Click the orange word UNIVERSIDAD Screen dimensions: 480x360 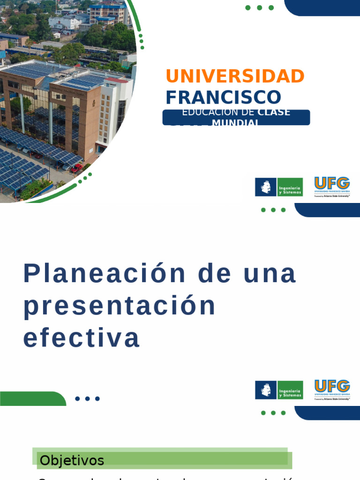coord(235,76)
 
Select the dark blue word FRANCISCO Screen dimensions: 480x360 coord(223,97)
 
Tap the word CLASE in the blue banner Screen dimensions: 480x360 coord(274,112)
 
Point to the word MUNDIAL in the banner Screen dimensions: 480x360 coord(235,123)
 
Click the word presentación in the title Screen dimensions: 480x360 coord(120,306)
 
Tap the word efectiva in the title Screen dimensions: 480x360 coord(82,338)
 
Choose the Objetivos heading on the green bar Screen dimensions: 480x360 coord(72,460)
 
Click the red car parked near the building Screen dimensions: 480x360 coord(76,168)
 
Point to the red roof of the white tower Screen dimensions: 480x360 coord(118,80)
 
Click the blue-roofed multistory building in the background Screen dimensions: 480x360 coord(108,13)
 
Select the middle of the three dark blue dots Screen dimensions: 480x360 coord(87,399)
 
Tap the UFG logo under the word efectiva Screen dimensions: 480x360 coord(332,390)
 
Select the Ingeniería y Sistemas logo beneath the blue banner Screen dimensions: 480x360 coord(279,187)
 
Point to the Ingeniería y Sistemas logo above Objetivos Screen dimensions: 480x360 coord(279,390)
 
